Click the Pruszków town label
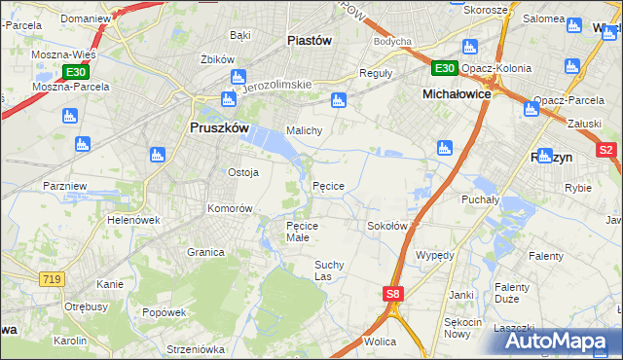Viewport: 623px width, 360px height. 219,127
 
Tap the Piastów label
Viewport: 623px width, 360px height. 311,40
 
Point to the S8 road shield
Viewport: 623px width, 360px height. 391,293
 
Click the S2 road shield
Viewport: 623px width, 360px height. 605,150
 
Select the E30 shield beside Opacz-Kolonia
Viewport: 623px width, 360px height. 444,67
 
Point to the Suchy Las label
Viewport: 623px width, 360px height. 330,270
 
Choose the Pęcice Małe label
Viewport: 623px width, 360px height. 302,231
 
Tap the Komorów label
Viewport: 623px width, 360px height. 230,208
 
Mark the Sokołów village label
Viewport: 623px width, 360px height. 385,226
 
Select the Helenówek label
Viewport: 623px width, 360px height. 133,220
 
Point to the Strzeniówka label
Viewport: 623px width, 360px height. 195,348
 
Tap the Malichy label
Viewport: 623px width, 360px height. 303,129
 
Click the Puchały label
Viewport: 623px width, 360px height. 481,199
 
